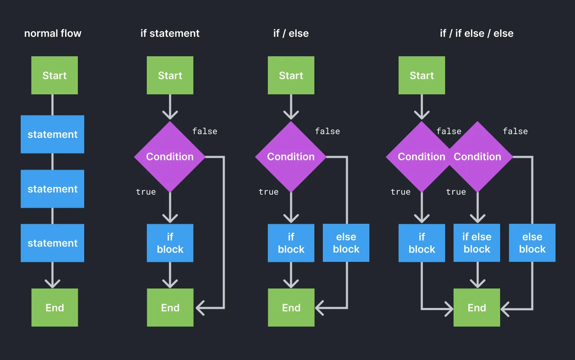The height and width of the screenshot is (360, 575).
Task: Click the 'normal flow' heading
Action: point(52,33)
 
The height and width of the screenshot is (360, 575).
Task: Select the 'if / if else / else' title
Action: point(476,33)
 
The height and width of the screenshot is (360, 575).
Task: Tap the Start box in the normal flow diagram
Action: point(55,75)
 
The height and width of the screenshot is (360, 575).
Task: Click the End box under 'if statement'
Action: point(170,308)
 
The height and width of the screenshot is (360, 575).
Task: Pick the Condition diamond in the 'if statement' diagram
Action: point(170,157)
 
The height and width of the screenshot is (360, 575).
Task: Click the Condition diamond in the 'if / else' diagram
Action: point(291,157)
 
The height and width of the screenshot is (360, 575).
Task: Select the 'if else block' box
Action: point(477,243)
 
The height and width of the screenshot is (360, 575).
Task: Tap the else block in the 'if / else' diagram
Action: point(346,243)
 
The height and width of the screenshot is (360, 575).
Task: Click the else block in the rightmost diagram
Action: point(532,243)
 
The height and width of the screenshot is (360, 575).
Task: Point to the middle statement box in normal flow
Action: point(52,189)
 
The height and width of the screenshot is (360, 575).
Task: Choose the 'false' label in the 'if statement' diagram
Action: point(205,131)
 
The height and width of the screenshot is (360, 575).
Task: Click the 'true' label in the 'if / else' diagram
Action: point(269,192)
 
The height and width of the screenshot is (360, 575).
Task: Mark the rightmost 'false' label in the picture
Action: point(515,131)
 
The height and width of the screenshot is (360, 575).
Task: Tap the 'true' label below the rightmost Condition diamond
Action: point(456,192)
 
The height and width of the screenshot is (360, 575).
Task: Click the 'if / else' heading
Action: point(291,33)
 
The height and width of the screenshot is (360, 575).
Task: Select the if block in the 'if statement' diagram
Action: point(170,243)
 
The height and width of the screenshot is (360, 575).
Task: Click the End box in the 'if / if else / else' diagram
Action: point(477,308)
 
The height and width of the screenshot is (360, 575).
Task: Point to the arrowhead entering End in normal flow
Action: point(52,283)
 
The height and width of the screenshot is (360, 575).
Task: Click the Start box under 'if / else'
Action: point(291,75)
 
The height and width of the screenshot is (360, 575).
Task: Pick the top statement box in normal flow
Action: point(52,134)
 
